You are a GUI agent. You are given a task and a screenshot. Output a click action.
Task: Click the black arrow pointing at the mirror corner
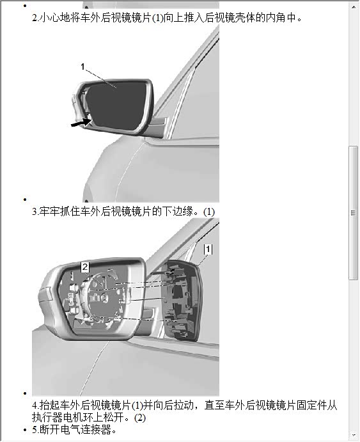point(81,123)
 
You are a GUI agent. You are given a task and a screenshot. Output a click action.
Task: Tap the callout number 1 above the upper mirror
point(82,67)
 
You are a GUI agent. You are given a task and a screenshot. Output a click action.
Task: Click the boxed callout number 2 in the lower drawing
point(85,267)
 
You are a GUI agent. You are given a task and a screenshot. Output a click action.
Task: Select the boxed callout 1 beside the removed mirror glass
point(208,249)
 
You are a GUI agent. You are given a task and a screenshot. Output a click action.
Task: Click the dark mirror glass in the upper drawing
point(118,106)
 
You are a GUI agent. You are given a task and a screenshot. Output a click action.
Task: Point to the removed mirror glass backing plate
point(183,301)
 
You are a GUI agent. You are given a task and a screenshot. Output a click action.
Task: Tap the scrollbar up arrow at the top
point(354,6)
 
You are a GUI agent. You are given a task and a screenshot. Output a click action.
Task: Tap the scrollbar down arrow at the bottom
point(354,435)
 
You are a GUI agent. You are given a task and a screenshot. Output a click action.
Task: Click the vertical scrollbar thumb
point(353,213)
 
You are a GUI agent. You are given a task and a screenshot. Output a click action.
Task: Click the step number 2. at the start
point(35,18)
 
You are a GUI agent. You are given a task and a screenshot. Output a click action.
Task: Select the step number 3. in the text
point(35,212)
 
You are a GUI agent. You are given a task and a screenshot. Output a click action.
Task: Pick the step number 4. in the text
point(36,406)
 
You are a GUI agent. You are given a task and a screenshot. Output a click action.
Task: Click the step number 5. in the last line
point(35,430)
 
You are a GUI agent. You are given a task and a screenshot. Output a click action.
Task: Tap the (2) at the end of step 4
point(140,418)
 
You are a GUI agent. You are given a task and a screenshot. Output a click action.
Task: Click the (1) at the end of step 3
point(209,212)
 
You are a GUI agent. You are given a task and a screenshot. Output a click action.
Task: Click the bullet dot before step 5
point(25,430)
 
